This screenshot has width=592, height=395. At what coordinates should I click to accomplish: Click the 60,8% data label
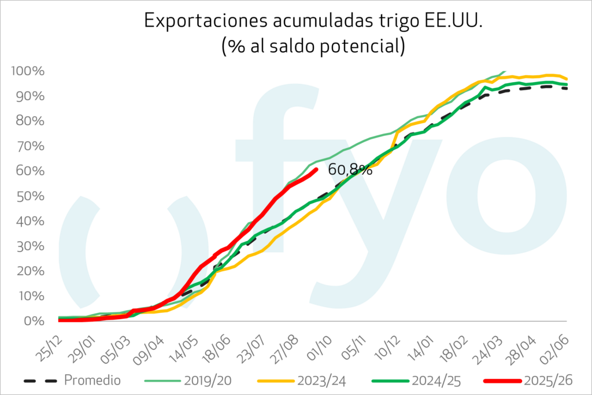350,170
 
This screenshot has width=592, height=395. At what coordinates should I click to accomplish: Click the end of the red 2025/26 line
316,169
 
